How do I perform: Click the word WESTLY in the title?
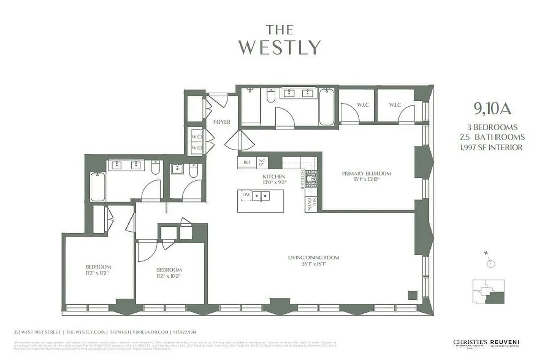[x=279, y=47]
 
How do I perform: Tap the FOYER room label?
[x=222, y=122]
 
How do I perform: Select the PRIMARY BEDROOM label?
[x=366, y=174]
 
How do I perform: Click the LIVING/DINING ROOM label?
[x=313, y=258]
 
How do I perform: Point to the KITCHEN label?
[x=274, y=176]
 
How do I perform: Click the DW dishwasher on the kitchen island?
[x=246, y=195]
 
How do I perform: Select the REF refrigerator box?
[x=247, y=162]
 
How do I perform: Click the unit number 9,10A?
[x=492, y=108]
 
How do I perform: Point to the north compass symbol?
[x=490, y=263]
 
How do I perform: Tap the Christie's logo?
[x=470, y=343]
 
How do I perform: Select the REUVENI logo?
[x=504, y=343]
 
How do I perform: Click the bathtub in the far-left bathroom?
[x=98, y=187]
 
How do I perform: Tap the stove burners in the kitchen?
[x=311, y=180]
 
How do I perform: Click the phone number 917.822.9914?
[x=186, y=332]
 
